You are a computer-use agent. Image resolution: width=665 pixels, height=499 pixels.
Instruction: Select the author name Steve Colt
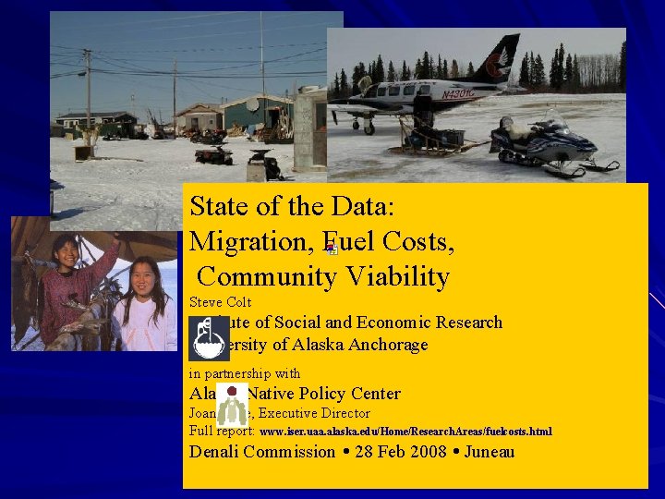point(220,302)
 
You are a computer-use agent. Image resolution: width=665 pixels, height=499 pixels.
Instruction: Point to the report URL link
point(405,432)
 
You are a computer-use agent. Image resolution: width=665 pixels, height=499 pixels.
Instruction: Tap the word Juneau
point(489,452)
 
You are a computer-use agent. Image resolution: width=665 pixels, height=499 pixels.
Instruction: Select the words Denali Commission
point(261,452)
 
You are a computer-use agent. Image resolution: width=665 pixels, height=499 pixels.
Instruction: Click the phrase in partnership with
point(244,374)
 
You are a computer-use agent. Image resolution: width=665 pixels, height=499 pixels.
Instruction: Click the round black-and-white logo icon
point(207,341)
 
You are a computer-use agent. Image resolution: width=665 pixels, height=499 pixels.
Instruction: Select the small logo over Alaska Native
point(231,405)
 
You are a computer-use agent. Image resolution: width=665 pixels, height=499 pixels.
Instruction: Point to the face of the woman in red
point(66,250)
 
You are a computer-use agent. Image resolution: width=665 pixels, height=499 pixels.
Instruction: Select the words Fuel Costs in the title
point(387,241)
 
